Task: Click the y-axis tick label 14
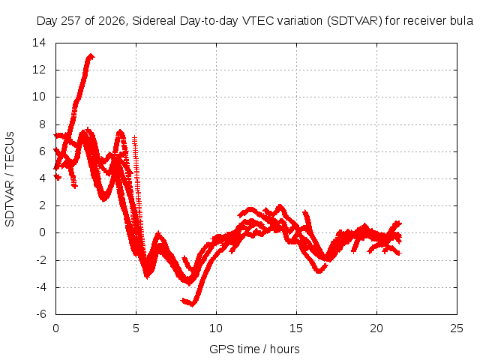pos(39,43)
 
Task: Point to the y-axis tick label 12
pos(39,70)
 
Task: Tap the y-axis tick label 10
pos(39,97)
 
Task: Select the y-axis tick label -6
pos(41,314)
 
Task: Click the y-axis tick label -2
pos(41,260)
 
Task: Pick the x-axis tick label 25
pos(457,328)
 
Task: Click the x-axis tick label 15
pos(296,328)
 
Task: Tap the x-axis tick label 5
pos(136,328)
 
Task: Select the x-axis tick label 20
pos(376,328)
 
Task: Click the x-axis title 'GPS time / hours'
pos(254,349)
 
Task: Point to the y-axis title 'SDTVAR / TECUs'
pos(10,179)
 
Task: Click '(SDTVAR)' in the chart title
pos(354,21)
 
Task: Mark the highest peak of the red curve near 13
pos(91,55)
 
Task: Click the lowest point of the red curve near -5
pos(192,305)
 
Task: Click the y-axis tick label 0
pos(43,232)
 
